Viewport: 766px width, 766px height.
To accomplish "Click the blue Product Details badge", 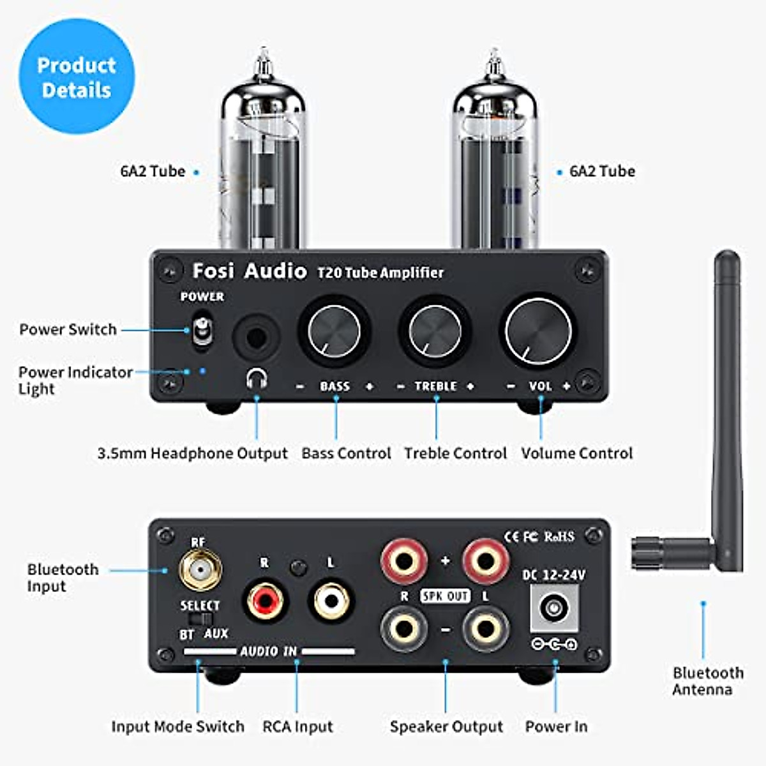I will click(x=77, y=77).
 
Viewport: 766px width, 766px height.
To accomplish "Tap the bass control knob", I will click(x=334, y=331).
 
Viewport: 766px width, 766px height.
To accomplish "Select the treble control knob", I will click(x=435, y=331).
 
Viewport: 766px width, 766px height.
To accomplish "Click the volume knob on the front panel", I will click(x=538, y=331).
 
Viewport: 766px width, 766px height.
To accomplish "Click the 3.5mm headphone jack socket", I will click(x=256, y=336).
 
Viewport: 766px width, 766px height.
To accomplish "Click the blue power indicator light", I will click(x=203, y=370).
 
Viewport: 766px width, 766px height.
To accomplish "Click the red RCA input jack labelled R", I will click(x=265, y=601).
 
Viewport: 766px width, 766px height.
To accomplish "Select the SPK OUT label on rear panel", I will click(x=445, y=596).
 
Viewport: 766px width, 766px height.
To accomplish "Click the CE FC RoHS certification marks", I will click(x=539, y=537).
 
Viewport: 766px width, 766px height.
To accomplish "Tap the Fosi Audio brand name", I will click(x=250, y=271).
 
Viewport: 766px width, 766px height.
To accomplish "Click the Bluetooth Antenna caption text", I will click(x=707, y=681).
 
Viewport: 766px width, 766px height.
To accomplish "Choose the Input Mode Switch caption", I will click(x=177, y=726).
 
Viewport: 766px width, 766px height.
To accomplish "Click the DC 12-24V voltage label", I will click(x=553, y=575).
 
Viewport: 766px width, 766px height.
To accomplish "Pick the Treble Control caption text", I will click(x=455, y=453).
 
